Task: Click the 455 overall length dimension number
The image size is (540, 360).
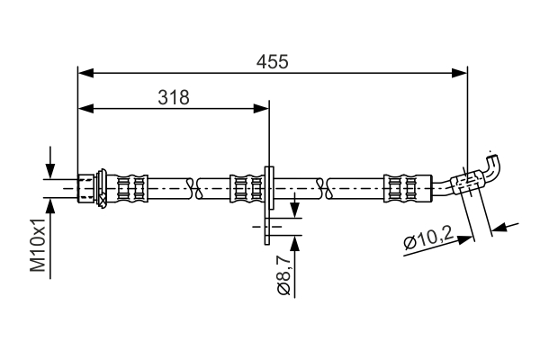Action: (x=272, y=61)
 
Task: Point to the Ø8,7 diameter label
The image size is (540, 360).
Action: (x=283, y=275)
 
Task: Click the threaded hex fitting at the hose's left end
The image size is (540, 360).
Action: (x=87, y=187)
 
